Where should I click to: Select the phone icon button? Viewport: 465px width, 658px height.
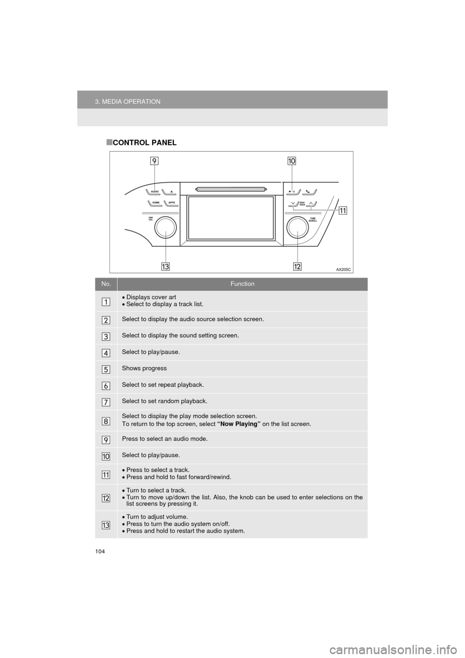pyautogui.click(x=309, y=191)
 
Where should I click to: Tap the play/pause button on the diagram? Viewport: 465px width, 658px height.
pyautogui.click(x=293, y=191)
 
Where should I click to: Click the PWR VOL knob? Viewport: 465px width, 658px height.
pyautogui.click(x=165, y=227)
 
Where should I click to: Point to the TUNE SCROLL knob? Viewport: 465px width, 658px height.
pyautogui.click(x=298, y=227)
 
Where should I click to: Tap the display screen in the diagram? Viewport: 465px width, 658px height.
pyautogui.click(x=232, y=218)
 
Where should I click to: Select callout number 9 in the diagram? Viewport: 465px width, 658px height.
pyautogui.click(x=154, y=161)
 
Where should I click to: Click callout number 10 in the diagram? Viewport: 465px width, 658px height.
pyautogui.click(x=292, y=161)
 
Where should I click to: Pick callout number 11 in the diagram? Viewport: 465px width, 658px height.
pyautogui.click(x=342, y=211)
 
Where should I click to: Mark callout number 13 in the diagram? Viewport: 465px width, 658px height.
pyautogui.click(x=165, y=266)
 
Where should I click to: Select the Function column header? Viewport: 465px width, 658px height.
pyautogui.click(x=242, y=284)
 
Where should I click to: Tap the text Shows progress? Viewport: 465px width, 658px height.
pyautogui.click(x=144, y=368)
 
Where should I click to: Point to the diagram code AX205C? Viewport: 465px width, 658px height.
pyautogui.click(x=343, y=269)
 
